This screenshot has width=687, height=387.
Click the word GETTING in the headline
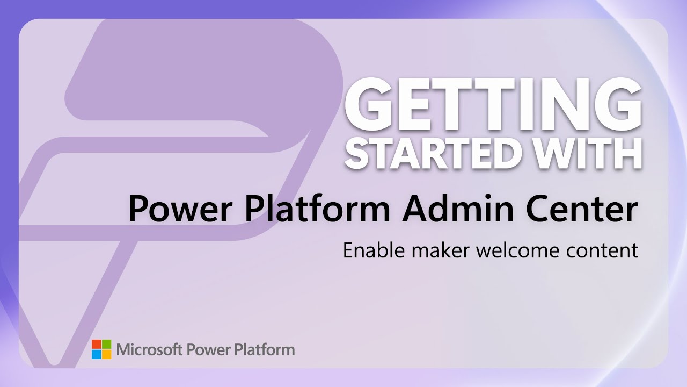493,104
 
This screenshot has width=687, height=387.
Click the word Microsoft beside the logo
149,349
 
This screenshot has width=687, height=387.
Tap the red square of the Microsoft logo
97,345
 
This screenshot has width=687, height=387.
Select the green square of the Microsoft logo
107,345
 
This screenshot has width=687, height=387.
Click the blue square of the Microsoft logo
97,354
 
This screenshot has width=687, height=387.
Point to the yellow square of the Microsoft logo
107,354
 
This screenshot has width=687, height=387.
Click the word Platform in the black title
317,209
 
